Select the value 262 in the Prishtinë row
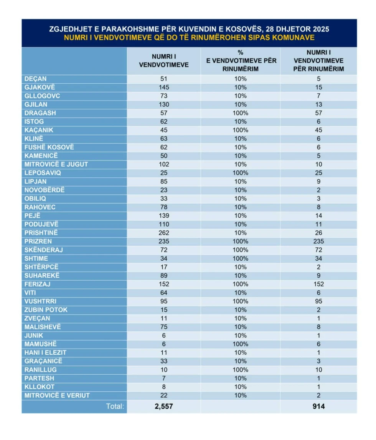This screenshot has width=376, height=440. tap(164, 233)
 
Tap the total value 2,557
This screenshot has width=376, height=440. tap(164, 406)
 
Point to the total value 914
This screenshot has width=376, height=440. tap(318, 406)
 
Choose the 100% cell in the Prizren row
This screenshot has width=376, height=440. tap(241, 242)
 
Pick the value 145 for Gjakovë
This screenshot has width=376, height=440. tap(164, 88)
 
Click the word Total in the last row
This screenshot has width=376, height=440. tap(115, 406)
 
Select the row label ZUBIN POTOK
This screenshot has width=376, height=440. tap(46, 310)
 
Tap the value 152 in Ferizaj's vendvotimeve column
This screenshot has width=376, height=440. tap(164, 285)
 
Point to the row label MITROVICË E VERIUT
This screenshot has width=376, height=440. tap(57, 395)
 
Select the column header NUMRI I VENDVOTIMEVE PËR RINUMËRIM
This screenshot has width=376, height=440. tap(318, 61)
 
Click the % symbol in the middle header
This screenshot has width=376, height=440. tap(241, 53)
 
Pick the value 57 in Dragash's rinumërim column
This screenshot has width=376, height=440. tap(318, 113)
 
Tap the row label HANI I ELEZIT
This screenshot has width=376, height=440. tap(45, 353)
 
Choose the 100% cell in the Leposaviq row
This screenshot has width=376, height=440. tap(241, 173)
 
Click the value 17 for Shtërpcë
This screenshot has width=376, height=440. tap(164, 267)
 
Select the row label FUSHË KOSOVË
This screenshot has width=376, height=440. tap(49, 147)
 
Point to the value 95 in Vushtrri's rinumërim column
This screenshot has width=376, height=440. tap(318, 301)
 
